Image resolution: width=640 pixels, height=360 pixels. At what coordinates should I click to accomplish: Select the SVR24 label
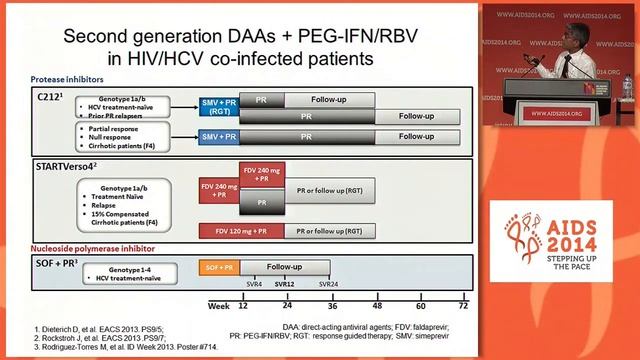pyautogui.click(x=328, y=286)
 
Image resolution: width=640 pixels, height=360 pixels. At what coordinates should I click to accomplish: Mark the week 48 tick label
pyautogui.click(x=378, y=305)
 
